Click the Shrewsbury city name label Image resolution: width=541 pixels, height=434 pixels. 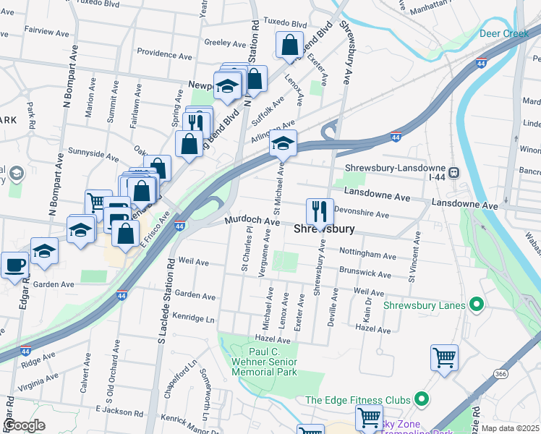(x=325, y=229)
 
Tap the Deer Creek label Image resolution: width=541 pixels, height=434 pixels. (x=504, y=34)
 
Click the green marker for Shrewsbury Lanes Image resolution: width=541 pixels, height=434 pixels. (x=476, y=305)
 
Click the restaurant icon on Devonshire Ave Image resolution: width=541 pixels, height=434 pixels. (x=320, y=212)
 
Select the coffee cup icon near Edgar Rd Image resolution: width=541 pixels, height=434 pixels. (x=14, y=265)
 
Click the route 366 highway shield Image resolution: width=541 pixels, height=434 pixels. (x=500, y=373)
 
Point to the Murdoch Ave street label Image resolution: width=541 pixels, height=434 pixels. (x=251, y=221)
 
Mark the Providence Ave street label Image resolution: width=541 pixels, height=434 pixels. (x=164, y=56)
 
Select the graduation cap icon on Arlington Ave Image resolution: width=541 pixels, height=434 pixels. (x=284, y=144)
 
